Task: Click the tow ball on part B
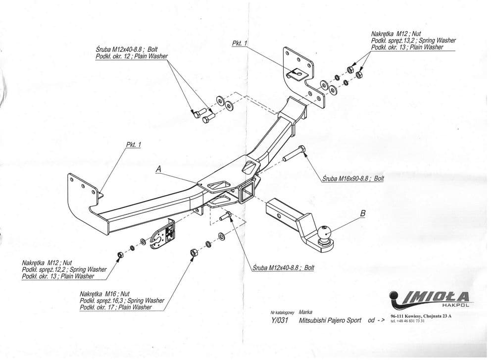pyautogui.click(x=324, y=233)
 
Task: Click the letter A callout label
pyautogui.click(x=158, y=169)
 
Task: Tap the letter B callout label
pyautogui.click(x=363, y=213)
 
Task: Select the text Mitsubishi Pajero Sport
pyautogui.click(x=330, y=320)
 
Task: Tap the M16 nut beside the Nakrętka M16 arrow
pyautogui.click(x=194, y=253)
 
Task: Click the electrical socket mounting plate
pyautogui.click(x=162, y=234)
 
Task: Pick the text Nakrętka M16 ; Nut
pyautogui.click(x=104, y=294)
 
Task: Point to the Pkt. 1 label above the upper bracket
pyautogui.click(x=240, y=43)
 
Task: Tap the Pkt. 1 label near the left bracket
pyautogui.click(x=134, y=145)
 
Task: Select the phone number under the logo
pyautogui.click(x=407, y=321)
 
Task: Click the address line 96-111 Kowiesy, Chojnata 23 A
pyautogui.click(x=421, y=316)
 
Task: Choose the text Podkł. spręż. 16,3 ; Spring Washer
pyautogui.click(x=122, y=301)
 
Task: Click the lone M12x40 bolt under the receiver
pyautogui.click(x=225, y=216)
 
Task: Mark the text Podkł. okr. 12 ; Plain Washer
pyautogui.click(x=132, y=56)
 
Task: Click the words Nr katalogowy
pyautogui.click(x=282, y=312)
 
